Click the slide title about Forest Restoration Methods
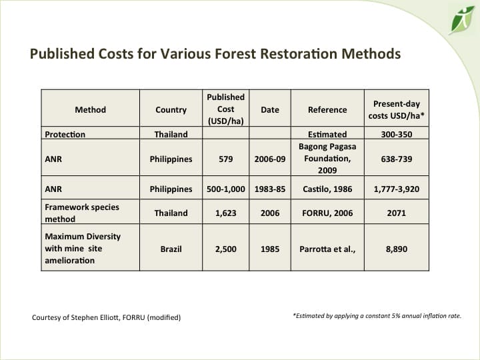(215, 53)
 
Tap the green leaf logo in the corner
(461, 19)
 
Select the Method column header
(90, 109)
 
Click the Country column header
(171, 109)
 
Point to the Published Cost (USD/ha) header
(225, 109)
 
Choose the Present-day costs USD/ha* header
(396, 109)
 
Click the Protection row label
(65, 134)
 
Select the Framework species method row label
(82, 213)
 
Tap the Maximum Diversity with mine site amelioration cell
(83, 248)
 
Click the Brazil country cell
(171, 249)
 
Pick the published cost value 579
(225, 159)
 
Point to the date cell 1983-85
(269, 189)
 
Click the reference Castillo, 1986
(327, 189)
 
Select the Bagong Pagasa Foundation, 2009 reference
(327, 159)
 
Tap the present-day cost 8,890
(396, 249)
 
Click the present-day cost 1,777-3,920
(396, 189)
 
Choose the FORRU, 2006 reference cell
(327, 213)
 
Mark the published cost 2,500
(225, 249)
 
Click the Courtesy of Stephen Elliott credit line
(106, 317)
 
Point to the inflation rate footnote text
(377, 315)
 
